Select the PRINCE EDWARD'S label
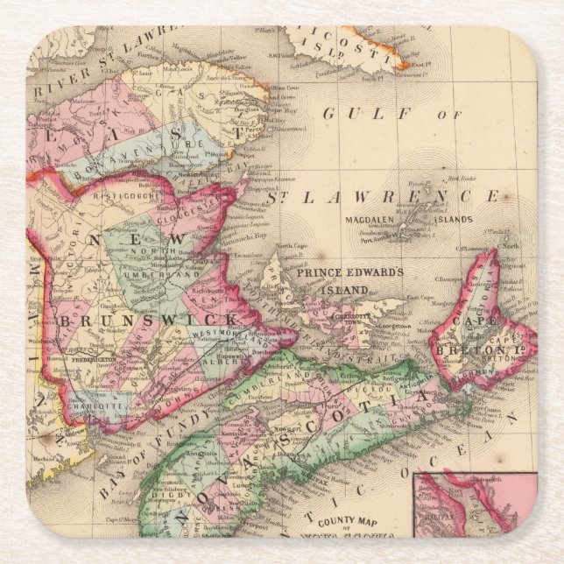(349, 272)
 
